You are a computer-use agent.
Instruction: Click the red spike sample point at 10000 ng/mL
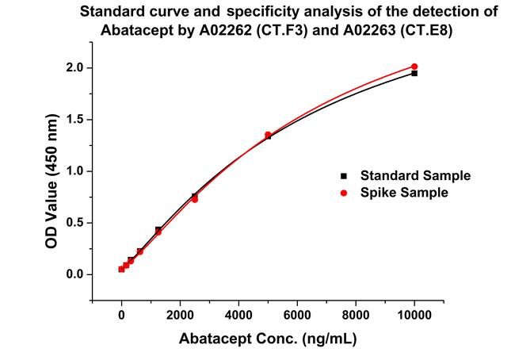tap(414, 67)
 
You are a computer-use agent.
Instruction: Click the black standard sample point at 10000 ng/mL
tap(414, 73)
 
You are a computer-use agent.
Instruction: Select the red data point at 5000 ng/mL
tap(268, 135)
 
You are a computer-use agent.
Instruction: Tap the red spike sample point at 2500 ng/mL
tap(195, 199)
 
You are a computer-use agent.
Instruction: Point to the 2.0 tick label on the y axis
tap(74, 68)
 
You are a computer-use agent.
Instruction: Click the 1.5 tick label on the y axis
tap(74, 120)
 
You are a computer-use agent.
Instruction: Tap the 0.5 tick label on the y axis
tap(74, 223)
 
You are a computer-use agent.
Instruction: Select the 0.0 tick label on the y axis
tap(74, 274)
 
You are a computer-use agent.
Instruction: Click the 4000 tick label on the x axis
tap(238, 315)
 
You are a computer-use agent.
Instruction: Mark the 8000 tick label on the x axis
tap(356, 315)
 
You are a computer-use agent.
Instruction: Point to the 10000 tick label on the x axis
tap(414, 315)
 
